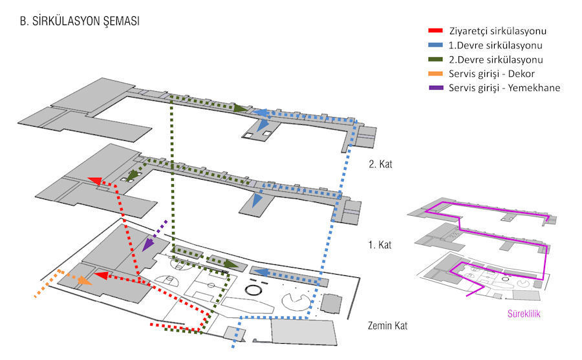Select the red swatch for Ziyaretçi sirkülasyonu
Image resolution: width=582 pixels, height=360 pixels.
(435, 30)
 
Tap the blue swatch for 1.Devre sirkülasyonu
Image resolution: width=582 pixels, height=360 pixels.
(435, 45)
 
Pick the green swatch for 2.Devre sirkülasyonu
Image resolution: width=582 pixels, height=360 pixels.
(435, 59)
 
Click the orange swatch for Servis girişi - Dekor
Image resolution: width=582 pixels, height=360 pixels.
(435, 74)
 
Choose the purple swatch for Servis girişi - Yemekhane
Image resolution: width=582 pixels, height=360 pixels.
(435, 88)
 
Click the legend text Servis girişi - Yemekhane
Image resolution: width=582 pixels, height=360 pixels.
(504, 88)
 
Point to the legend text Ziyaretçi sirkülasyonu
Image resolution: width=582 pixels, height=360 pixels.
(497, 30)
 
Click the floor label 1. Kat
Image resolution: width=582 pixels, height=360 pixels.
(380, 246)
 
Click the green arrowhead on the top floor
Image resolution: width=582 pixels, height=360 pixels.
(241, 109)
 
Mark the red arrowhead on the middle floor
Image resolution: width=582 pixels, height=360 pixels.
(94, 182)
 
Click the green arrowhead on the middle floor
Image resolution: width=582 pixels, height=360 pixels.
(135, 175)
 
